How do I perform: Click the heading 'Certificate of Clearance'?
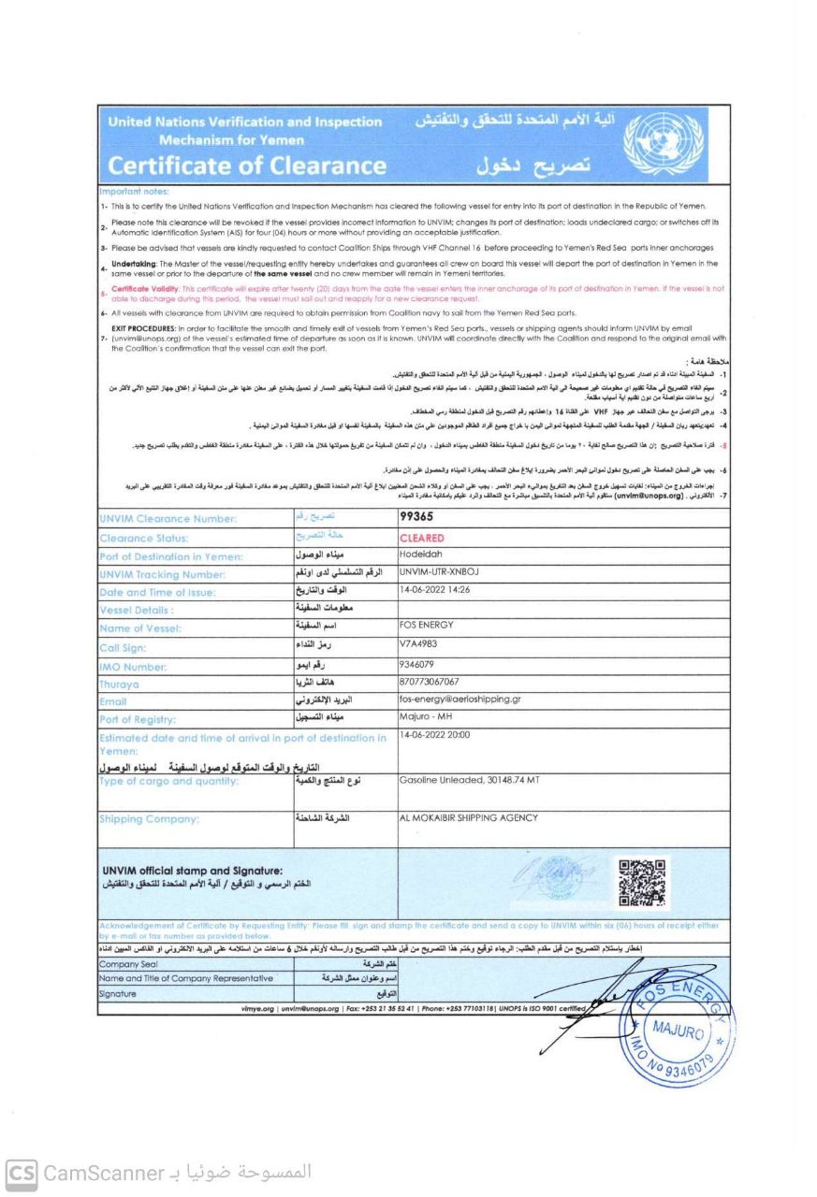point(247,166)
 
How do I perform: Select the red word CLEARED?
point(421,539)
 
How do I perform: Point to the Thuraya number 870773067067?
point(430,682)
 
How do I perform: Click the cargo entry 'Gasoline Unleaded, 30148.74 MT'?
point(469,781)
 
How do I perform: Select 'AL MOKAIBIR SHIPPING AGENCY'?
point(468,818)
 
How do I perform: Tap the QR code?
point(643,884)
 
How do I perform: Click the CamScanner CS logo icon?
point(22,1173)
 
